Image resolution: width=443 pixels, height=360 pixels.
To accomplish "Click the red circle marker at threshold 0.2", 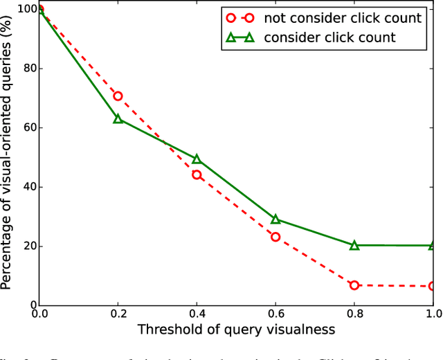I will pos(118,96).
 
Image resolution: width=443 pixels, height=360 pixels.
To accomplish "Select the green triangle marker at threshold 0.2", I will pos(118,119).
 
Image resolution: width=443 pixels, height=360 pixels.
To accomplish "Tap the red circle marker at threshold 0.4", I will pos(197,174).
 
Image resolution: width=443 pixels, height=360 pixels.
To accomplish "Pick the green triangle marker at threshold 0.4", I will pos(197,159).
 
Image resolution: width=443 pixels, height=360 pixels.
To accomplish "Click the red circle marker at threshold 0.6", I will pos(275,237).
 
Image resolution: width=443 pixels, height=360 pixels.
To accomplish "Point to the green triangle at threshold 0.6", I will pos(275,219).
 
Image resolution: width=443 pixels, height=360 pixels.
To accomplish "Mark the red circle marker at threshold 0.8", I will pos(354,285).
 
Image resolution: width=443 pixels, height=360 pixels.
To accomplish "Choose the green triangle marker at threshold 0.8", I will pos(354,245).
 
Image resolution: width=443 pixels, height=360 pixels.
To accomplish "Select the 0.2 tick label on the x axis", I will pos(118,314).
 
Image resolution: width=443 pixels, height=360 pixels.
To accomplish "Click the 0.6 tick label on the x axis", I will pos(275,314).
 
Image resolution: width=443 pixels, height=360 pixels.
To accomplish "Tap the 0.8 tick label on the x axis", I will pos(354,314).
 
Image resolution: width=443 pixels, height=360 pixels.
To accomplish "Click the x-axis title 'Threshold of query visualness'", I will pos(236,330).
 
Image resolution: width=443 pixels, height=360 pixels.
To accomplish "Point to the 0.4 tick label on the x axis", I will pos(197,314).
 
